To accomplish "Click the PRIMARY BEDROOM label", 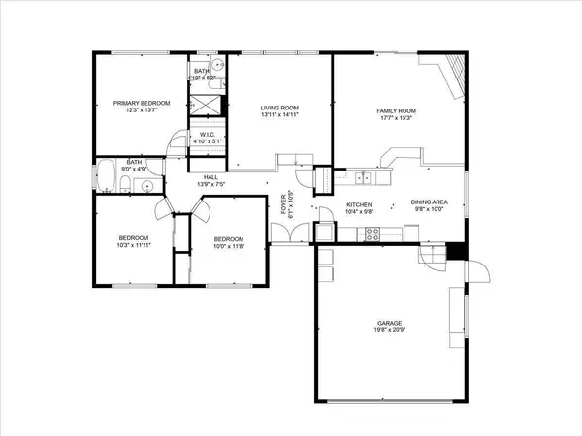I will click(x=142, y=103).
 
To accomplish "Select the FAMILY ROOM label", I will click(x=396, y=111).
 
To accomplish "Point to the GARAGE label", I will click(x=390, y=323).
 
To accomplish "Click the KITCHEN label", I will click(x=360, y=204).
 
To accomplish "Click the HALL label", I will click(x=210, y=177).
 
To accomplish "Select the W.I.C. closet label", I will click(x=208, y=136).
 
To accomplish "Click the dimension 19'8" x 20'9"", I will click(x=390, y=331).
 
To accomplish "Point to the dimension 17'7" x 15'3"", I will click(x=396, y=120).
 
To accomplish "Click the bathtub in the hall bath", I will click(x=107, y=178).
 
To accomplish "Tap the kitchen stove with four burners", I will click(x=370, y=233).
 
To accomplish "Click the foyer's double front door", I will click(x=302, y=234).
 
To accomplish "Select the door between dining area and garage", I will click(x=427, y=254).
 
